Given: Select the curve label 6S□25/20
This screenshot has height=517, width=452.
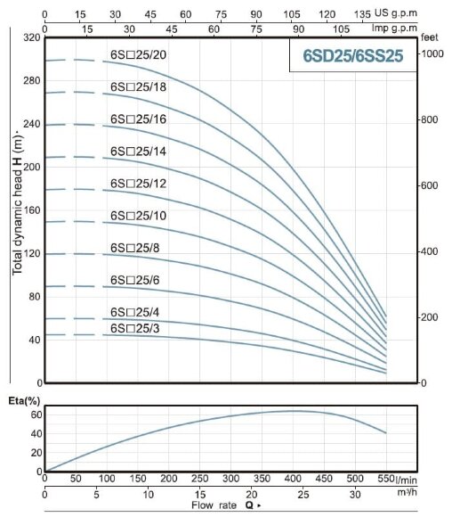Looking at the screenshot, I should pyautogui.click(x=138, y=55).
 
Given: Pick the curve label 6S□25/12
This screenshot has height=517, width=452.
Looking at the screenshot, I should pyautogui.click(x=138, y=183).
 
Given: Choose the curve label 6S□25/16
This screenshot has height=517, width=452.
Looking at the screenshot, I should pyautogui.click(x=138, y=119).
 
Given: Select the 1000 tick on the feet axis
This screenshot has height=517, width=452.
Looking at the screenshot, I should pyautogui.click(x=432, y=54).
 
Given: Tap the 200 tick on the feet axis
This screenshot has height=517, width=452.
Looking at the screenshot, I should pyautogui.click(x=430, y=317).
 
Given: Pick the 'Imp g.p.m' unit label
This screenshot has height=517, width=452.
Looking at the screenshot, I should pyautogui.click(x=423, y=29).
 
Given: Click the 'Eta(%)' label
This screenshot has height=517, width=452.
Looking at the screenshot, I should pyautogui.click(x=22, y=402).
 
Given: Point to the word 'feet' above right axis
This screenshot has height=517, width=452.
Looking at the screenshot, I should pyautogui.click(x=431, y=38).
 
